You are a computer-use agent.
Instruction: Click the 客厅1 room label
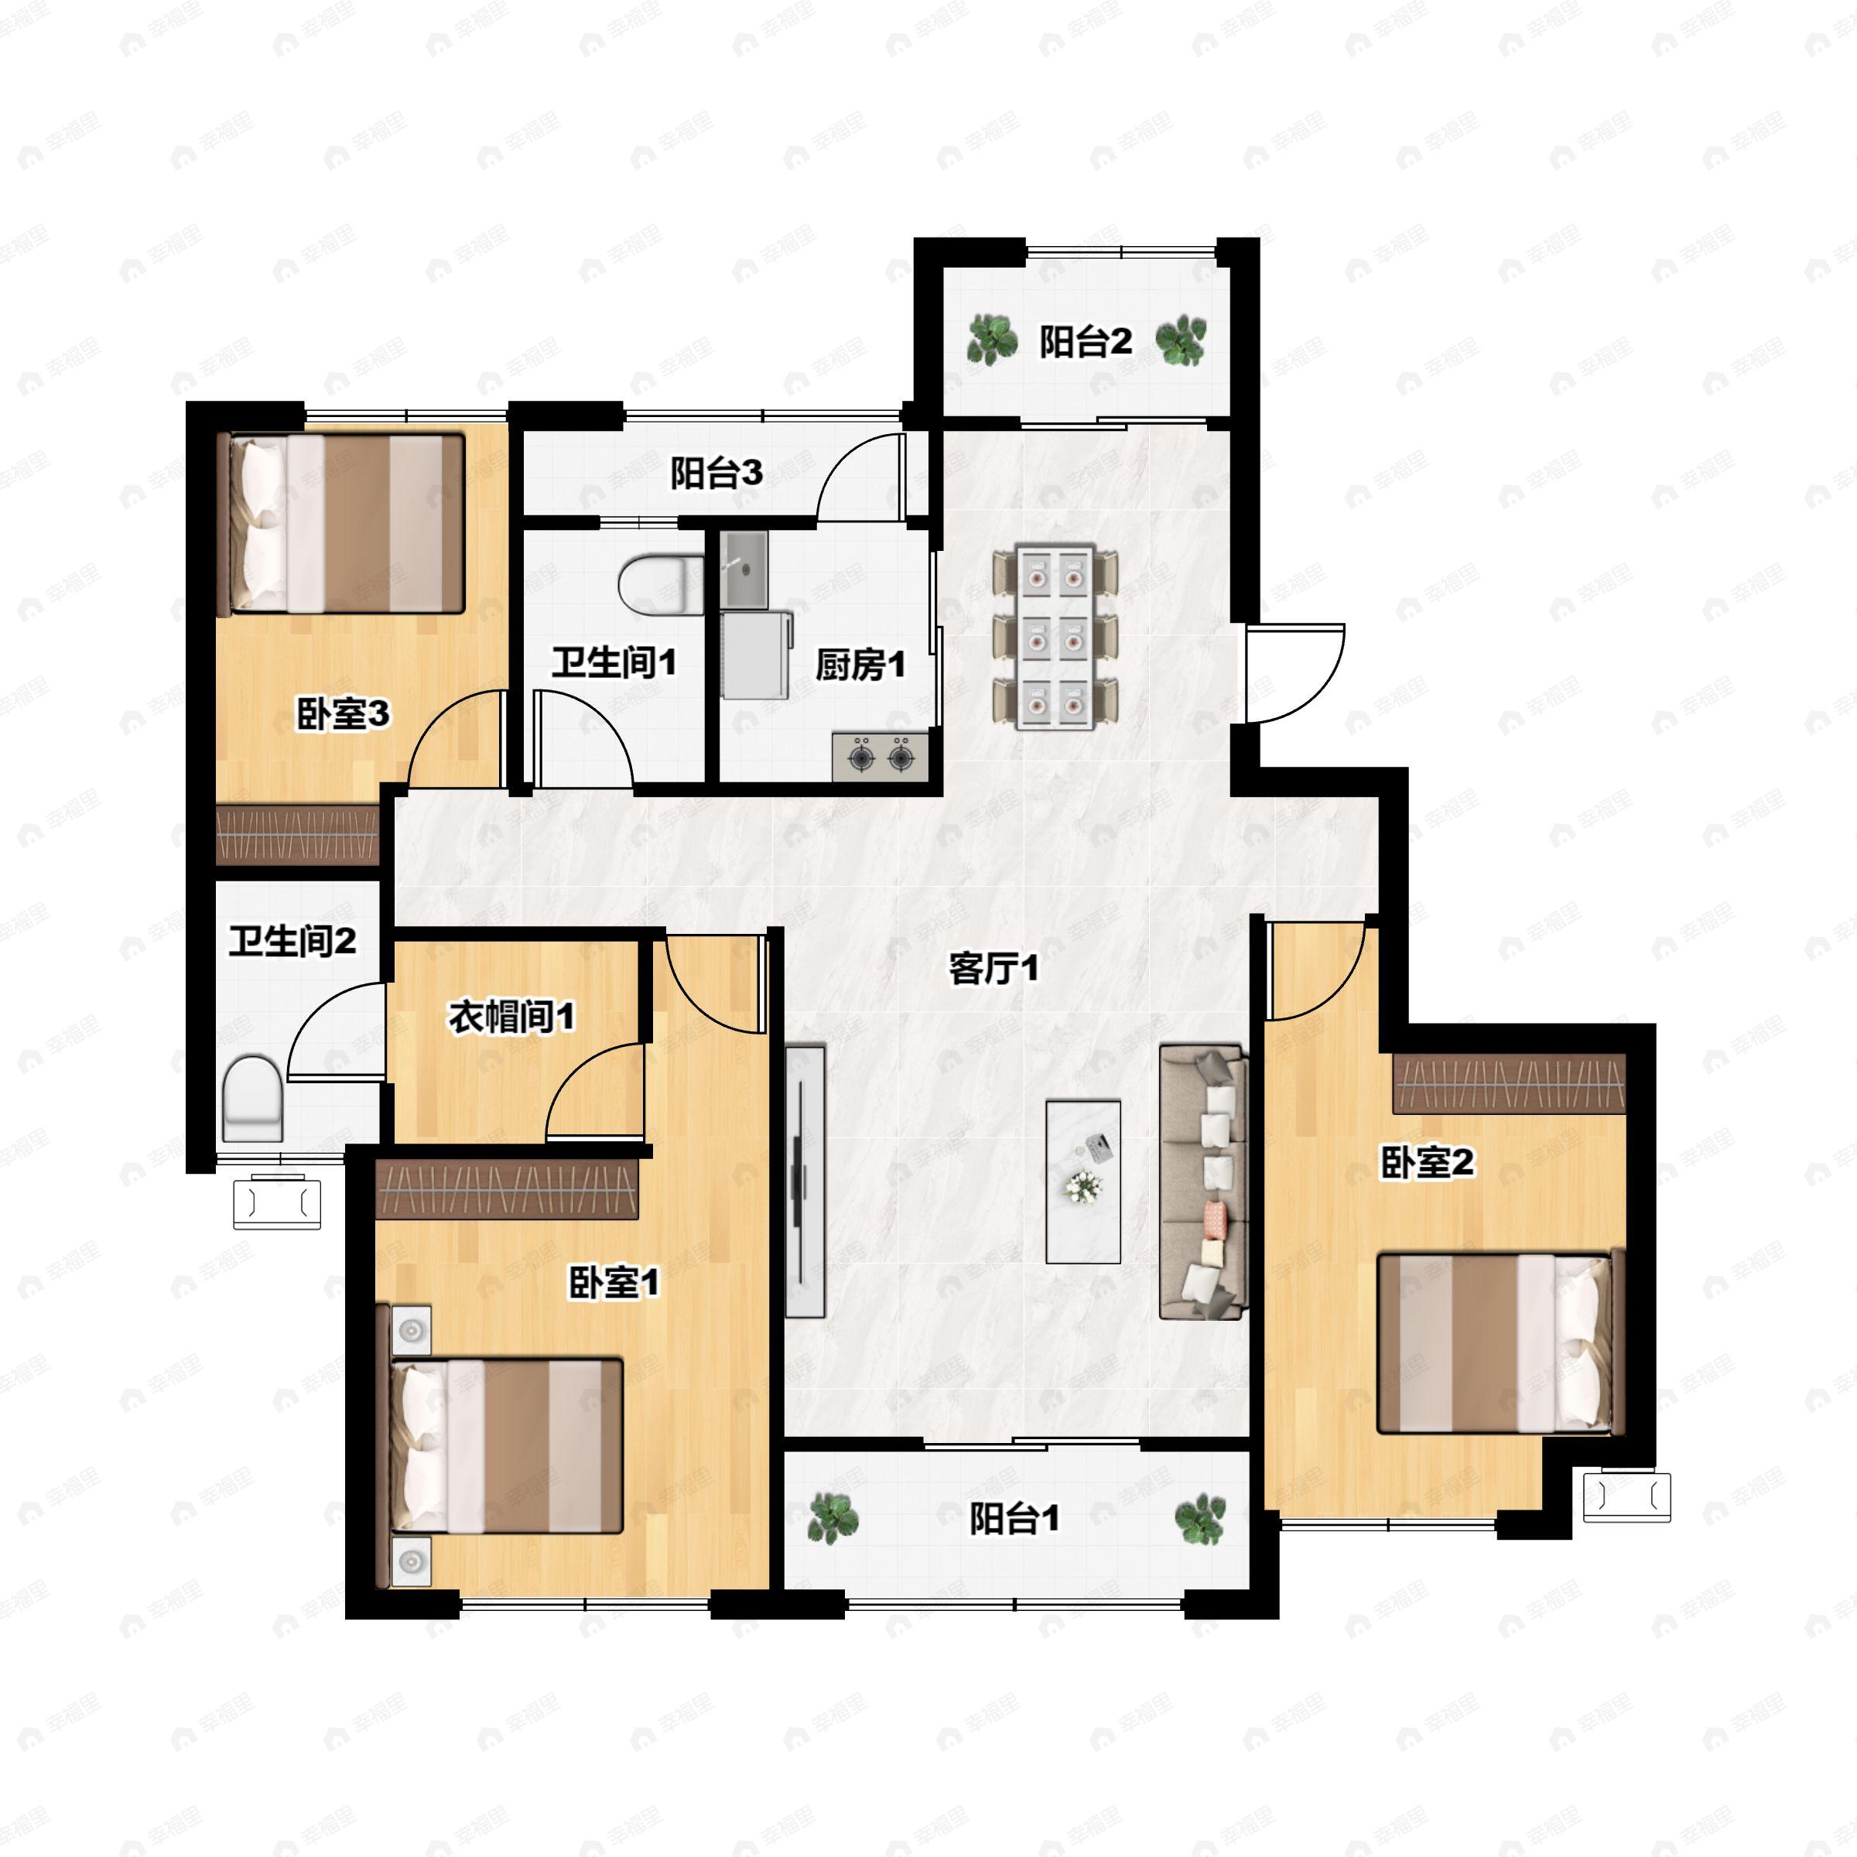pyautogui.click(x=993, y=969)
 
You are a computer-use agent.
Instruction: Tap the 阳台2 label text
pyautogui.click(x=1085, y=341)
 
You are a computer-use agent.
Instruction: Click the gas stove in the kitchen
pyautogui.click(x=881, y=755)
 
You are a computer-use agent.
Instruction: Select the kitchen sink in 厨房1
pyautogui.click(x=746, y=569)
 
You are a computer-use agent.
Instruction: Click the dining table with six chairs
pyautogui.click(x=1055, y=636)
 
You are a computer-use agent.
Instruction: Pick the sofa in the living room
pyautogui.click(x=1203, y=1182)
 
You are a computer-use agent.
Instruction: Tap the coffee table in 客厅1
pyautogui.click(x=1083, y=1182)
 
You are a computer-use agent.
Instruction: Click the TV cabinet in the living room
pyautogui.click(x=805, y=1182)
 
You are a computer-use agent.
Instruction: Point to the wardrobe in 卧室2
pyautogui.click(x=1509, y=1083)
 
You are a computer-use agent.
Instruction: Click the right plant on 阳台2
pyautogui.click(x=1180, y=340)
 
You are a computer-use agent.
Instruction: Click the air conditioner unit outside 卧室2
pyautogui.click(x=1626, y=1496)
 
